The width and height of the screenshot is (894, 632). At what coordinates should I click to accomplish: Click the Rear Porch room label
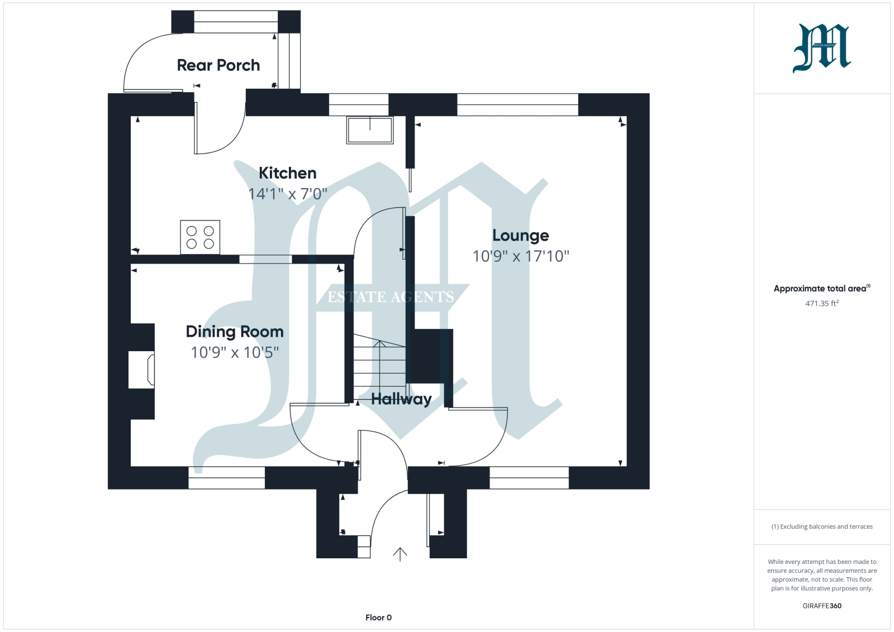[x=218, y=65]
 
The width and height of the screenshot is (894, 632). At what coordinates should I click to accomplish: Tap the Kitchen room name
[x=287, y=173]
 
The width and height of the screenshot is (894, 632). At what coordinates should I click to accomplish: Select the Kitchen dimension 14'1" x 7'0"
[x=287, y=194]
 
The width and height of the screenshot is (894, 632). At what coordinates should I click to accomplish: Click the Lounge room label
[x=520, y=235]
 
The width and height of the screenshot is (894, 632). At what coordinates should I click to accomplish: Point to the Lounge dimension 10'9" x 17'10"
[x=520, y=256]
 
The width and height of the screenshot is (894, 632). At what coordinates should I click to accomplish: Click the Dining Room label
[x=235, y=332]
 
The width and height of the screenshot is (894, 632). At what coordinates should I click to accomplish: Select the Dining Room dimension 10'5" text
[x=261, y=352]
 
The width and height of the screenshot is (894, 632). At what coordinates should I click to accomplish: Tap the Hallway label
[x=401, y=399]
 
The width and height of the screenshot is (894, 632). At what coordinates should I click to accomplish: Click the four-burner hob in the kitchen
[x=200, y=237]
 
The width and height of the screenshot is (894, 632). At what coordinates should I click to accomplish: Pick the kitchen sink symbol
[x=370, y=130]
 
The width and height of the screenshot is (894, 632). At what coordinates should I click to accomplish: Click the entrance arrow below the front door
[x=400, y=554]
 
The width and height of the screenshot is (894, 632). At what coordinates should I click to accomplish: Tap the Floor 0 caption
[x=378, y=617]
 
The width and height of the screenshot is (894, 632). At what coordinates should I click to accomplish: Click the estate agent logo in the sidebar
[x=822, y=48]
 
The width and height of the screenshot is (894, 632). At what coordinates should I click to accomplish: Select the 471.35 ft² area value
[x=822, y=304]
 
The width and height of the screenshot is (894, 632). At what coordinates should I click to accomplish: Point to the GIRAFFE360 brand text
[x=822, y=606]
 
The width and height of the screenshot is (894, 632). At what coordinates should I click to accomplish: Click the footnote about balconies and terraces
[x=822, y=526]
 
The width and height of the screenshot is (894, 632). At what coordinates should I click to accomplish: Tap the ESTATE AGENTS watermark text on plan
[x=391, y=297]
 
